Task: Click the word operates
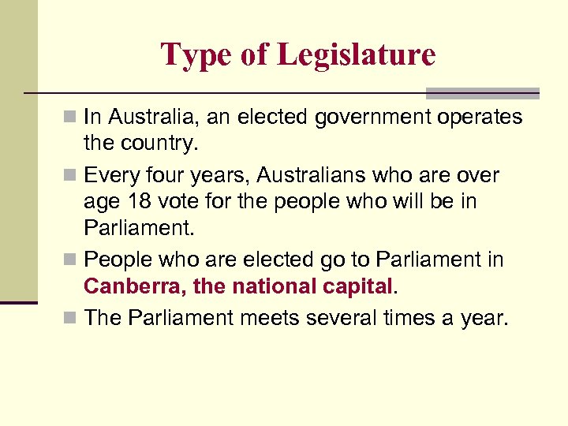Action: click(478, 118)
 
